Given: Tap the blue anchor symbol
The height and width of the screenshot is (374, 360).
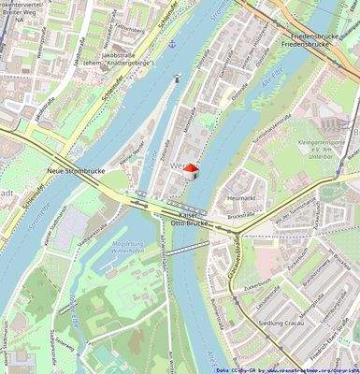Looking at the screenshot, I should point(170,44).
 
